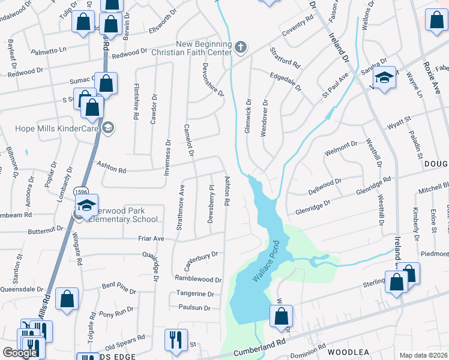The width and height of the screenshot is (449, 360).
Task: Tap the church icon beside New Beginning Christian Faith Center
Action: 240,47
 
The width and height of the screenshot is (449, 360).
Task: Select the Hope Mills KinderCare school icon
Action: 108,127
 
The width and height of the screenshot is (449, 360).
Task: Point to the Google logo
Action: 20,353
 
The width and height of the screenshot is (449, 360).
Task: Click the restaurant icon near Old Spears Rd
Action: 175,340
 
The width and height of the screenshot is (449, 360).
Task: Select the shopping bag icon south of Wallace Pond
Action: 280,316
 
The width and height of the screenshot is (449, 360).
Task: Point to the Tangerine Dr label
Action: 195,294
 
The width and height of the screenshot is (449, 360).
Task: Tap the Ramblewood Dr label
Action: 198,280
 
